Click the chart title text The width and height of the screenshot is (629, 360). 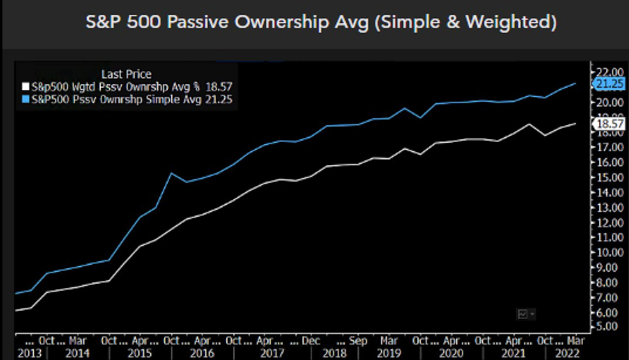(x=321, y=23)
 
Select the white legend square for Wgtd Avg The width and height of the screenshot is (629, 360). (x=25, y=87)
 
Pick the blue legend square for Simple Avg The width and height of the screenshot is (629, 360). (x=25, y=99)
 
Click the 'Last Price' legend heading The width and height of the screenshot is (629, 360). (x=126, y=74)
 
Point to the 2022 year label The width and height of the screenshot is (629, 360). (x=567, y=353)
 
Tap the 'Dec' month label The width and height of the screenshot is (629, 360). (x=311, y=341)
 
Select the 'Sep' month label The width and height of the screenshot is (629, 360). (x=358, y=341)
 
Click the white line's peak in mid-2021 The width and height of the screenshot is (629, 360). (x=529, y=124)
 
